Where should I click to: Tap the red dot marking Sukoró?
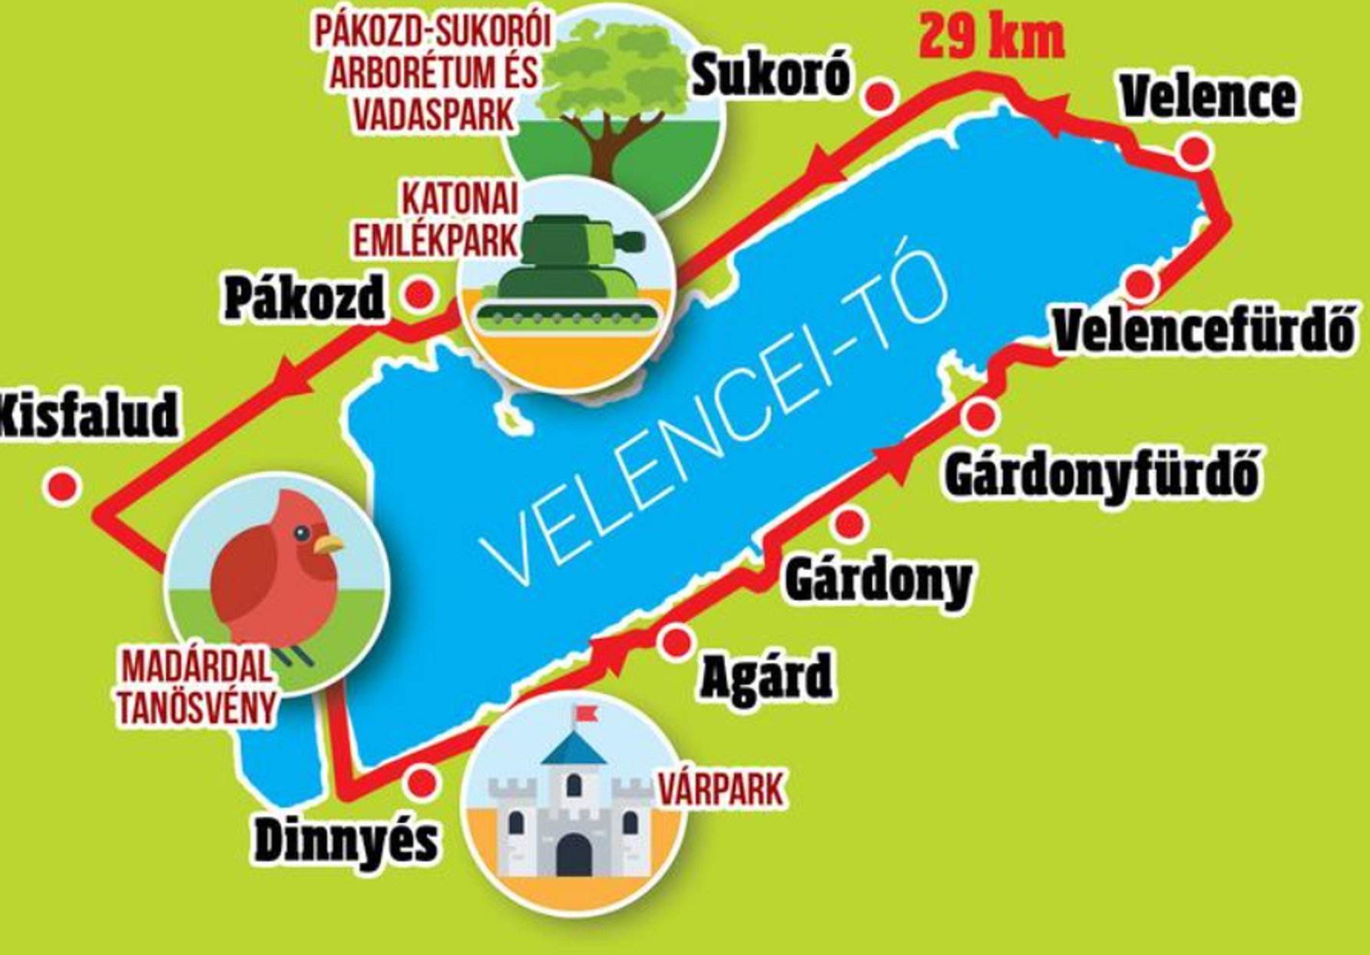880,94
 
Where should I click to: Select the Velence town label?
1208,96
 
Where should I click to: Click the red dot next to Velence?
1195,150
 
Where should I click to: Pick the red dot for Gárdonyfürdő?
981,416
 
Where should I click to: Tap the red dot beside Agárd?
676,642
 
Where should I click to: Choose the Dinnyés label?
346,841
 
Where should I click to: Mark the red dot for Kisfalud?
62,486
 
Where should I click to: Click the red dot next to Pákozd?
419,295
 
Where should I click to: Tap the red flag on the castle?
587,713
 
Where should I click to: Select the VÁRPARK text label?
722,789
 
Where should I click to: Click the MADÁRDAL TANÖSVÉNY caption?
197,688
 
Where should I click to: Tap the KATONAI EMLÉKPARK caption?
435,220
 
